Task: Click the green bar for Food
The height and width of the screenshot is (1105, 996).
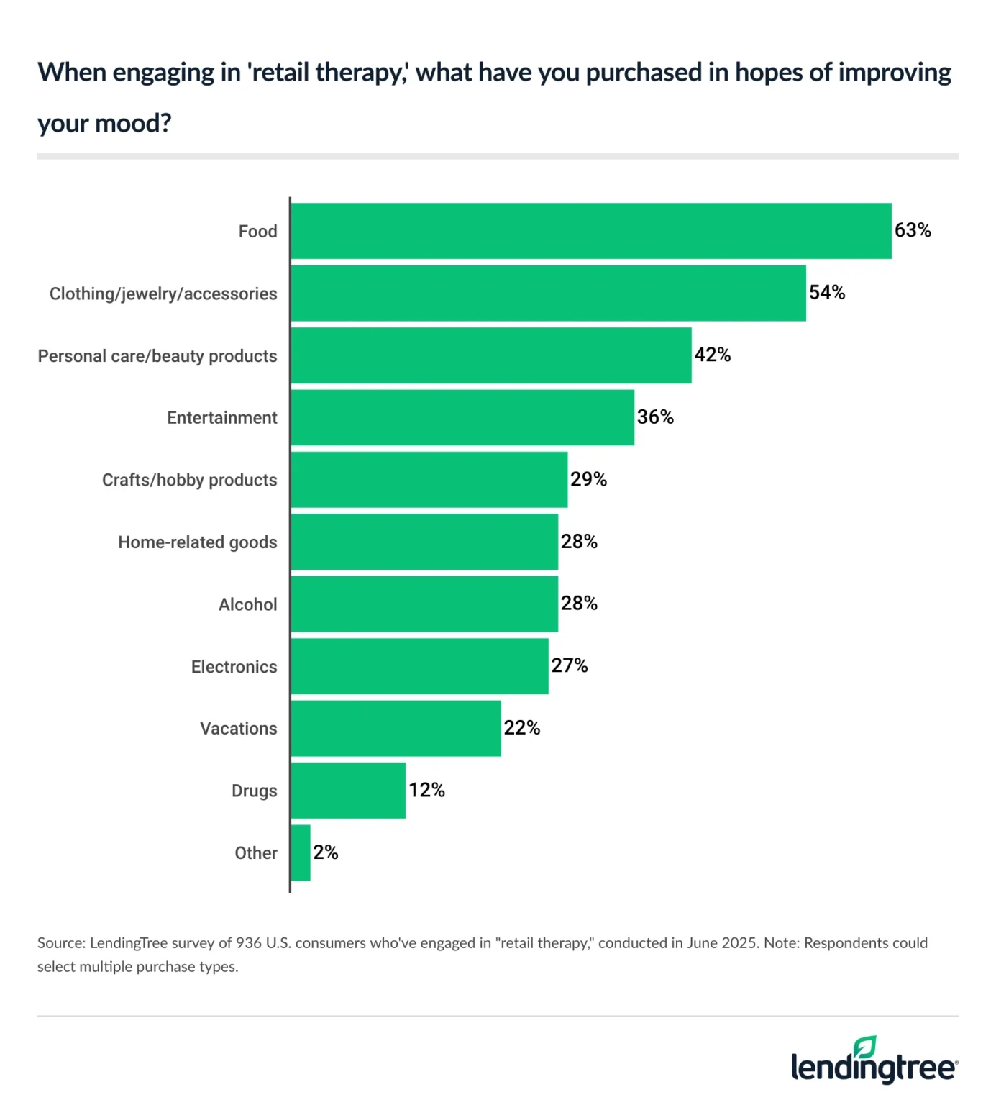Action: click(591, 231)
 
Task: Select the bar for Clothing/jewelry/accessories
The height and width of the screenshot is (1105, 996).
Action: click(548, 294)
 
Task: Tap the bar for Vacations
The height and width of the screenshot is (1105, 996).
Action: click(396, 729)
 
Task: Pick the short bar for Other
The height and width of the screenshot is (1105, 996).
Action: click(301, 852)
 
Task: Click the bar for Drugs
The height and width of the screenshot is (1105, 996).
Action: click(348, 791)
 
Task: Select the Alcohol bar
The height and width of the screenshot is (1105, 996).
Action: click(424, 604)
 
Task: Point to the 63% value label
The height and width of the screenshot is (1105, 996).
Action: click(913, 230)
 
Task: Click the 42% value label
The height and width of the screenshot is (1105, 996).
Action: click(712, 355)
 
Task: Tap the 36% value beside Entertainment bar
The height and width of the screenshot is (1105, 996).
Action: click(655, 417)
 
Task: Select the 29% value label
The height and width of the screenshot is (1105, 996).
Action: click(588, 479)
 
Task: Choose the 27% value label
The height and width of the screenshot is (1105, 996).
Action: click(570, 665)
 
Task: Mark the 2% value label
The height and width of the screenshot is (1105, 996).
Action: click(325, 852)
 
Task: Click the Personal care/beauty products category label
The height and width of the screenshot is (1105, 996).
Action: click(157, 356)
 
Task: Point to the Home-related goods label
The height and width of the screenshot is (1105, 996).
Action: click(197, 542)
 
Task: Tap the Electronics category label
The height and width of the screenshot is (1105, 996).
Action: click(234, 667)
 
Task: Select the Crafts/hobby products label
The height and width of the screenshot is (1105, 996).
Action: click(189, 480)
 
